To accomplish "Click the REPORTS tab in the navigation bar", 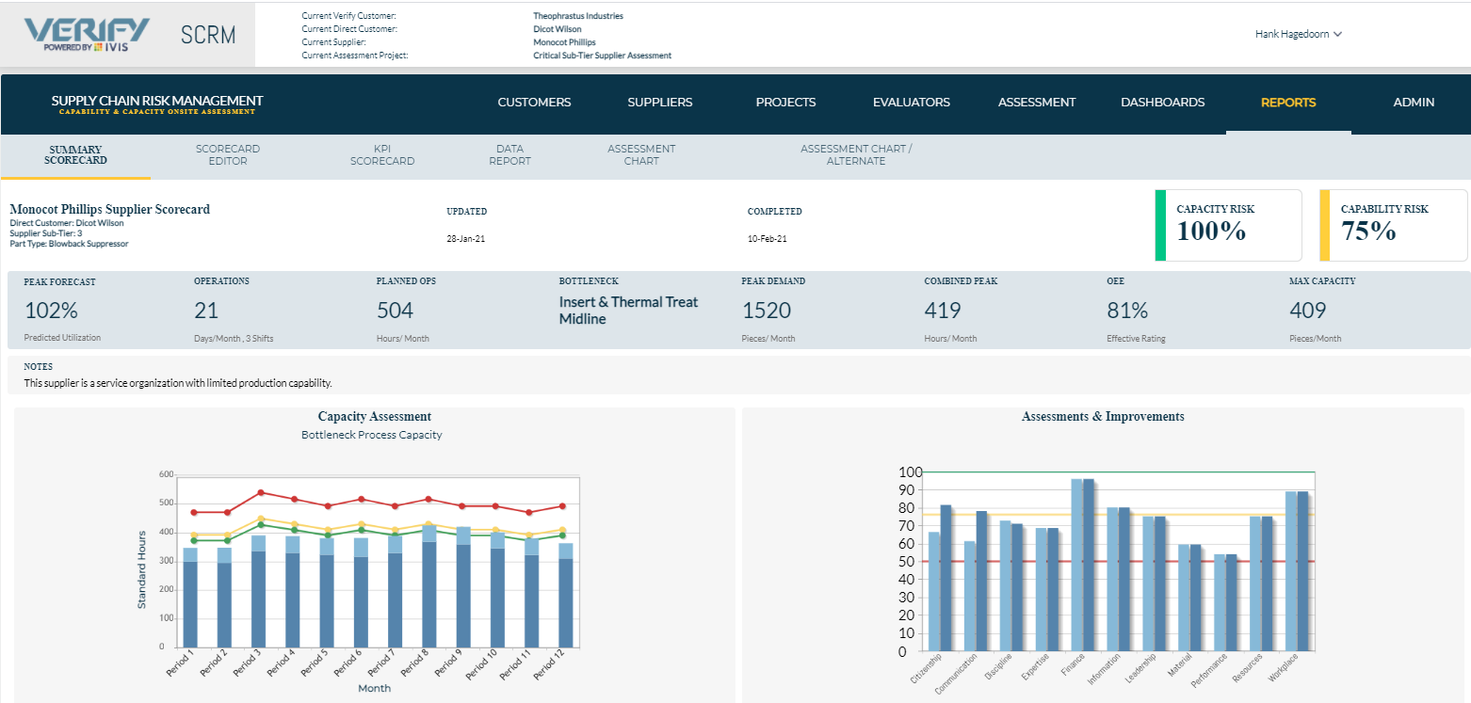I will [1287, 103].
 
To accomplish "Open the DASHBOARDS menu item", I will [1162, 103].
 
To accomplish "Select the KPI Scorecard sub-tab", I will [382, 155].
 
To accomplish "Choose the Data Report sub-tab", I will [509, 155].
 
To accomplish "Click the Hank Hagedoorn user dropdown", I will [1298, 34].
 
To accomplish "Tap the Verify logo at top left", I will [87, 34].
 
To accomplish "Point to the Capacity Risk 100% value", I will [1211, 232].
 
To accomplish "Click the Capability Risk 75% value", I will [1368, 232].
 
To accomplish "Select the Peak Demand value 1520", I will [767, 311].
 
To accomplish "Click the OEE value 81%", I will [1127, 311].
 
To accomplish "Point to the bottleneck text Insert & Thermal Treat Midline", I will [628, 311].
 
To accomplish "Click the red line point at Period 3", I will [261, 492].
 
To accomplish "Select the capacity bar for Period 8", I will [429, 593].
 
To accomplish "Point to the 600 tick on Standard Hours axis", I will [167, 474].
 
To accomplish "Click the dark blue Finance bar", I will [1089, 565].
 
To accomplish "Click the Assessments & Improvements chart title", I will [1103, 416].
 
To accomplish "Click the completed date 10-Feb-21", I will [768, 239].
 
